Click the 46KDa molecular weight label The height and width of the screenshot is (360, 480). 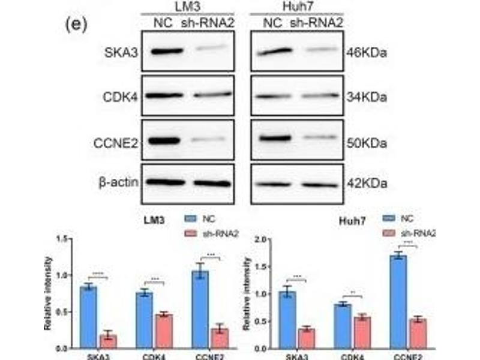[367, 53]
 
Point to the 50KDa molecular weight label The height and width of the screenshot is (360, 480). [367, 143]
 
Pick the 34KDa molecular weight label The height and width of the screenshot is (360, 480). [367, 96]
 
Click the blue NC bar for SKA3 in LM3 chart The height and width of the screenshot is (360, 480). [89, 317]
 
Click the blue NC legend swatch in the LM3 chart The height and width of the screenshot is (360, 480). [191, 220]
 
